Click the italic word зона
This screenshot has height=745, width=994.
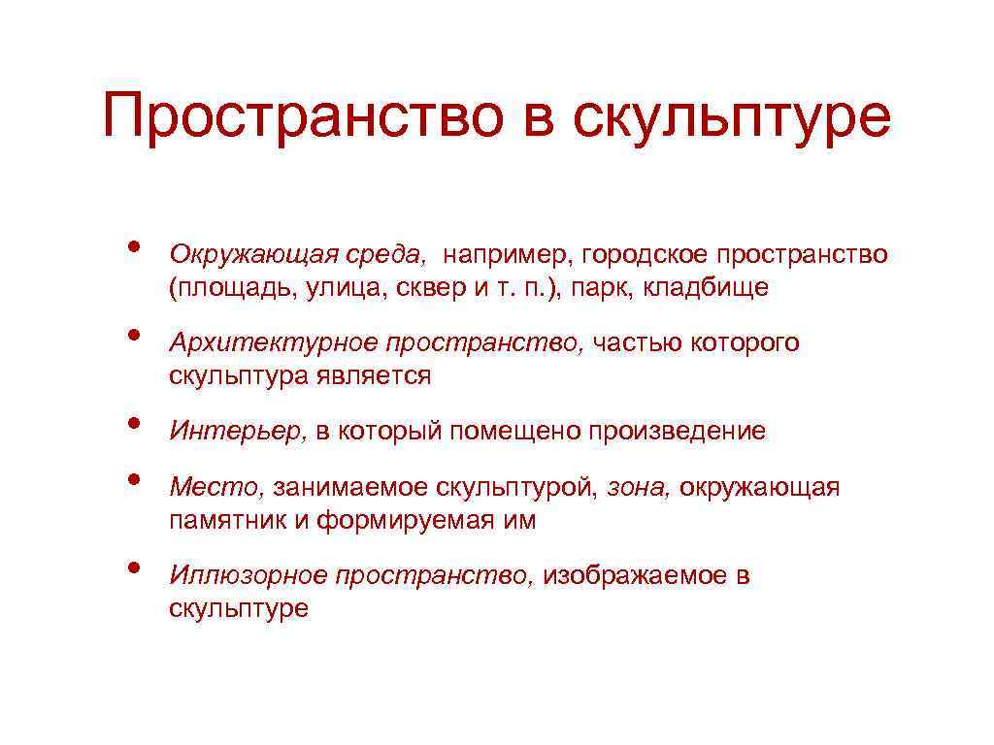639,487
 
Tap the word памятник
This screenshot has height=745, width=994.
226,520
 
